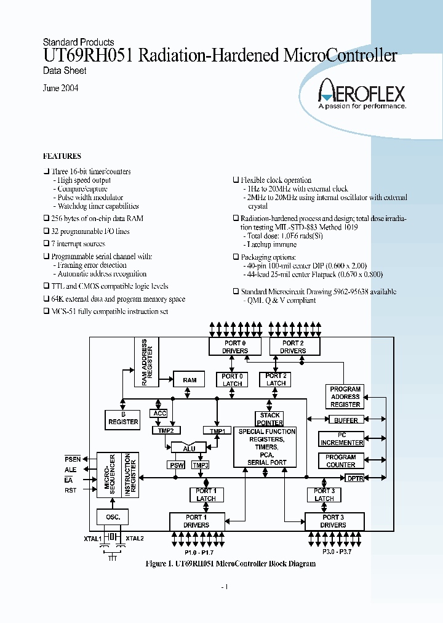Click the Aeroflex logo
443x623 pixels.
(362, 95)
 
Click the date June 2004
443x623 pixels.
(60, 88)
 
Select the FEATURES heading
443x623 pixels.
(62, 156)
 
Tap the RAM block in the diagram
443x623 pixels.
(190, 380)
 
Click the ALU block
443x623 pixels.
(189, 449)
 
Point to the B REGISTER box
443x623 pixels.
(124, 419)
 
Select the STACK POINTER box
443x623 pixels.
(270, 419)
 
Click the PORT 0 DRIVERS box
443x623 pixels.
(236, 347)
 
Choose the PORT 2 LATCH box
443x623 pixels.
(276, 379)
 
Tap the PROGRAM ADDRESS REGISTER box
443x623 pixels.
(345, 396)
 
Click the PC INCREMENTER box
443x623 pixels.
(341, 439)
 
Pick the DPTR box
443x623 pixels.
(355, 478)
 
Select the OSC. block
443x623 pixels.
(113, 517)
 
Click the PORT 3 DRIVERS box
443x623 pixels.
(333, 521)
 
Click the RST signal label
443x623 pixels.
(71, 491)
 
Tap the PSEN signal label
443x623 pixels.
(73, 459)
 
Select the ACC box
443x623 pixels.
(159, 413)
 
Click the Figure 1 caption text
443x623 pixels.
(230, 563)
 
